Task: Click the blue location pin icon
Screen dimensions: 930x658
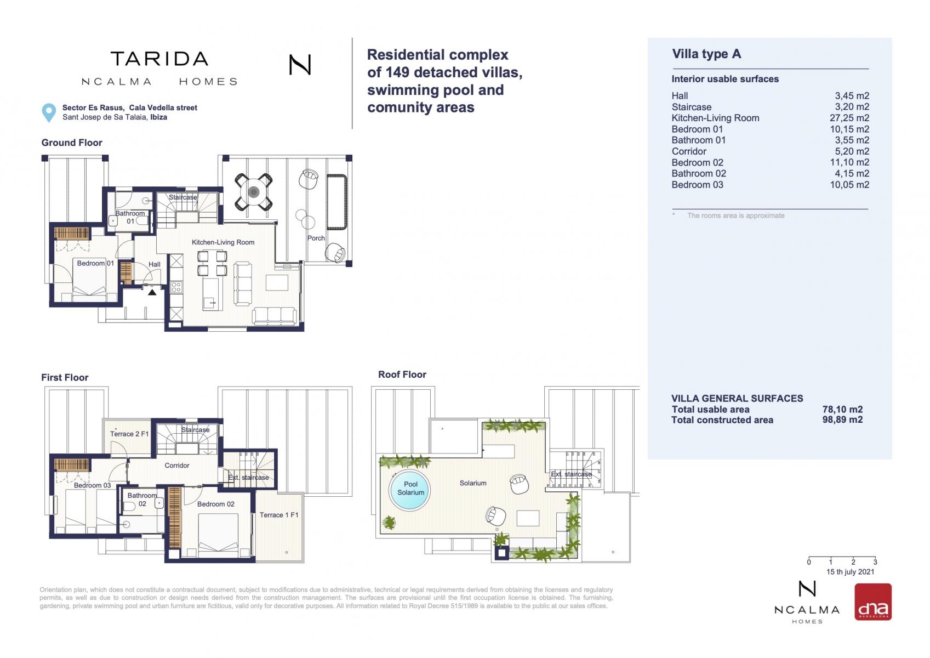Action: click(x=49, y=112)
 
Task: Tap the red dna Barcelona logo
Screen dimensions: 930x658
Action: click(x=872, y=602)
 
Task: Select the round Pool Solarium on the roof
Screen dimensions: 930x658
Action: click(x=410, y=489)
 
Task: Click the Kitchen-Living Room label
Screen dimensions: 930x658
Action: click(x=223, y=242)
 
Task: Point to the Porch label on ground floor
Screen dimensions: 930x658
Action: click(x=316, y=238)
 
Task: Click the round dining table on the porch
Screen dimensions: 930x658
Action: click(x=253, y=192)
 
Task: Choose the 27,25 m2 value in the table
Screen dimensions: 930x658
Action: click(x=849, y=118)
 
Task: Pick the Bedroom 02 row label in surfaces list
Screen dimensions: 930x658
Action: click(x=698, y=162)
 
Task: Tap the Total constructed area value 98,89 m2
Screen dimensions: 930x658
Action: click(x=842, y=420)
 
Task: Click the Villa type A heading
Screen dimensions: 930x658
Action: click(x=706, y=54)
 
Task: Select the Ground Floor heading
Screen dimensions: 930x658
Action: click(x=72, y=143)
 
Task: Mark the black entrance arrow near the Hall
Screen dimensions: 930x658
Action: click(x=152, y=292)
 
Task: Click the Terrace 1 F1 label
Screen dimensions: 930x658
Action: click(x=279, y=515)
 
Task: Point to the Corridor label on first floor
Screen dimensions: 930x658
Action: click(x=177, y=466)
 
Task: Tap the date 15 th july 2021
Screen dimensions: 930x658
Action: click(x=851, y=572)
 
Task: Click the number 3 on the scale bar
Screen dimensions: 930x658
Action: click(x=875, y=563)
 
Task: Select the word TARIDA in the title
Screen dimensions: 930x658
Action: click(x=159, y=59)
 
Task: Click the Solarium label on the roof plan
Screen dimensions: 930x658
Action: click(x=473, y=483)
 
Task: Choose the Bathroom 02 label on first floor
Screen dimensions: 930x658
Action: click(x=142, y=500)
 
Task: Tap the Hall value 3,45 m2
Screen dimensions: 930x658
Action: click(x=852, y=96)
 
